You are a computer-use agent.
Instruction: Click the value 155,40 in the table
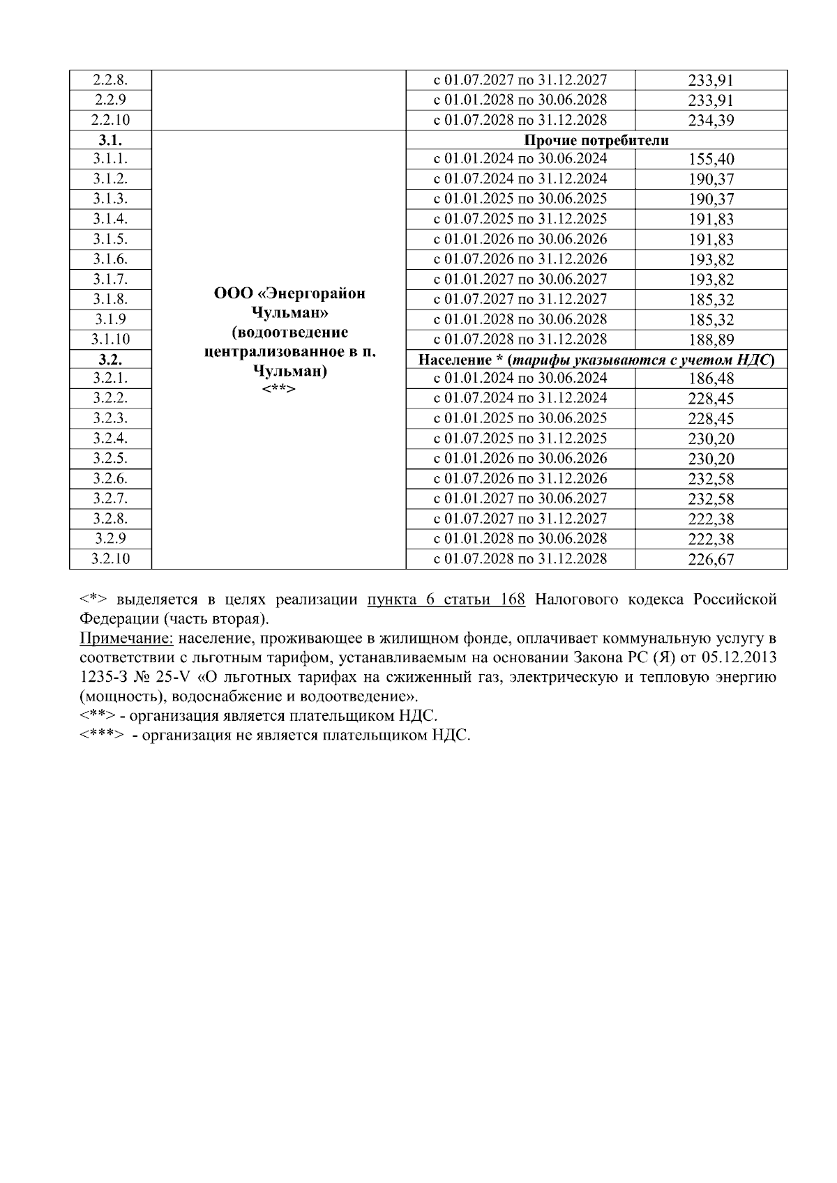point(711,159)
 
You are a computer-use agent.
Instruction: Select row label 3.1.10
point(110,339)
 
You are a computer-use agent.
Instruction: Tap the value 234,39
point(711,120)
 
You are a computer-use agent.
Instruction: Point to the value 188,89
point(711,339)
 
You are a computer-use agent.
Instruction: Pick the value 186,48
point(711,379)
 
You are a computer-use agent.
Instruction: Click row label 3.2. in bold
point(110,360)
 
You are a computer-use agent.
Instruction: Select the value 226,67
point(711,559)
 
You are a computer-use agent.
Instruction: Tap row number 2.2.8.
point(110,79)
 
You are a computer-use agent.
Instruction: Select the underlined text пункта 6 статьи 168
point(446,600)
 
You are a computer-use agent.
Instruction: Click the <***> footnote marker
point(103,735)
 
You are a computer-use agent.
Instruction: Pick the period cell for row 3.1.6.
point(520,259)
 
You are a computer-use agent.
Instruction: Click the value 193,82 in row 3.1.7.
point(711,280)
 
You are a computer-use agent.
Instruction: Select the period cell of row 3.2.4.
point(520,438)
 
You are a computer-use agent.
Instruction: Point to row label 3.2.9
point(110,538)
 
